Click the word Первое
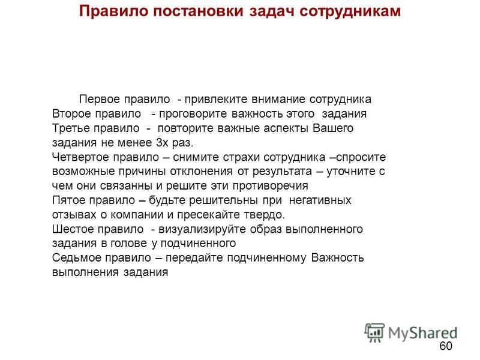pyautogui.click(x=100, y=100)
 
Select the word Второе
pyautogui.click(x=71, y=114)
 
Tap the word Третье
pyautogui.click(x=71, y=128)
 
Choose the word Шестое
pyautogui.click(x=71, y=229)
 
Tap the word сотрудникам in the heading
pyautogui.click(x=350, y=11)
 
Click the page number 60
pyautogui.click(x=446, y=346)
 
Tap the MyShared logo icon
pyautogui.click(x=374, y=332)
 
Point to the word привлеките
pyautogui.click(x=216, y=100)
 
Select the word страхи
pyautogui.click(x=242, y=157)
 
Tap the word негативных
pyautogui.click(x=320, y=200)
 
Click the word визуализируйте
pyautogui.click(x=202, y=229)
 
